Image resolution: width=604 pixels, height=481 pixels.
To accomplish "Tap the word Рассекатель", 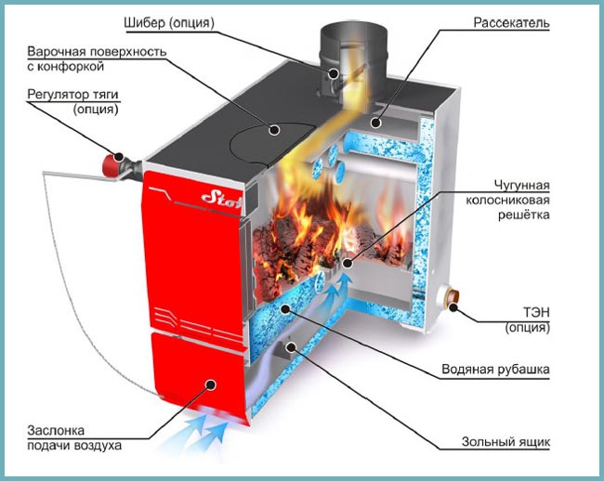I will point(511,20).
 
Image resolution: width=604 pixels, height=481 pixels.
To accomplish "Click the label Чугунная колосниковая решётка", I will point(510,201).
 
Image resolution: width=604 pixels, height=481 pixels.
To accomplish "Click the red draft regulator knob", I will point(113,163).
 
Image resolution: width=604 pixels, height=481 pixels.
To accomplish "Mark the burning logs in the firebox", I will point(297,241).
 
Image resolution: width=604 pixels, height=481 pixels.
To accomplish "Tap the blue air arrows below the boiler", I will point(209,427).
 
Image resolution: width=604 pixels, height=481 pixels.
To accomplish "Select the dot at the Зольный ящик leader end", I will point(292,347).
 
